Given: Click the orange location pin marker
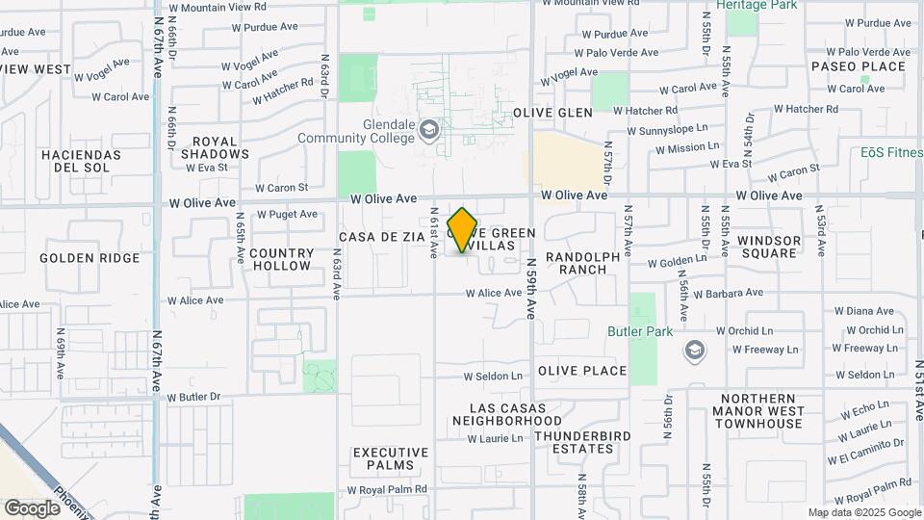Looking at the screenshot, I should tap(463, 229).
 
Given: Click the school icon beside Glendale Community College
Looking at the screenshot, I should tap(428, 130).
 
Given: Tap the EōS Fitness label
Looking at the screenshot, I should tap(891, 152).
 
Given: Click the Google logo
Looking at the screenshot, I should tap(32, 507).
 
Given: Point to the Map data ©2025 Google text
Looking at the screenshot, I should tap(864, 512).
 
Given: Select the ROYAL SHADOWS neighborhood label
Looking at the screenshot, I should tap(215, 147).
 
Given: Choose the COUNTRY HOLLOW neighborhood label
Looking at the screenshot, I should tap(280, 259).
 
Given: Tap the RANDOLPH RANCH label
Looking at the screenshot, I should tap(577, 263).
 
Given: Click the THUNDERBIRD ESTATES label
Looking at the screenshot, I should tap(574, 442).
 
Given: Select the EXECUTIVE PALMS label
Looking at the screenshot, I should tap(391, 458).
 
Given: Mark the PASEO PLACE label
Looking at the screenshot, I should tap(859, 66).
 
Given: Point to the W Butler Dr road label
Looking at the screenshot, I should tap(193, 397).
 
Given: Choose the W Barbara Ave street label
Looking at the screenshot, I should tap(728, 293).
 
